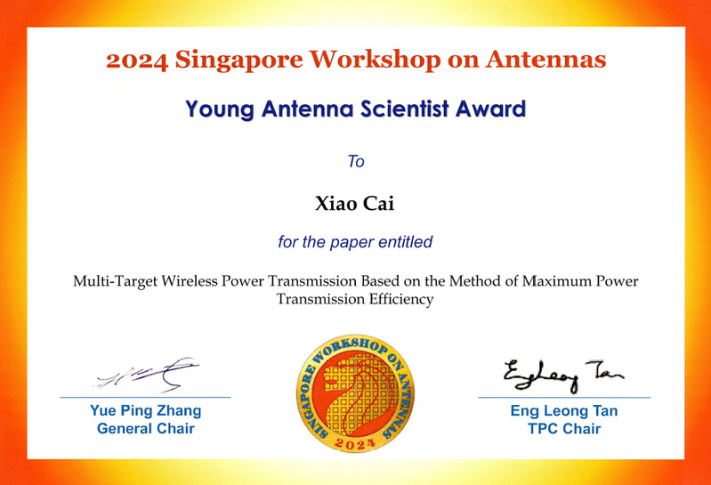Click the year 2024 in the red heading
pyautogui.click(x=137, y=61)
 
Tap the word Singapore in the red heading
pyautogui.click(x=239, y=61)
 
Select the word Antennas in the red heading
pyautogui.click(x=546, y=60)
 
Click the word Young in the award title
pyautogui.click(x=220, y=110)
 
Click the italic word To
pyautogui.click(x=356, y=161)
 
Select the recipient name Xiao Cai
pyautogui.click(x=354, y=204)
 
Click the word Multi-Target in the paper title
pyautogui.click(x=115, y=281)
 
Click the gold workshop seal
pyautogui.click(x=355, y=393)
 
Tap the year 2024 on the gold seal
pyautogui.click(x=355, y=443)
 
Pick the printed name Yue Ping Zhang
pyautogui.click(x=146, y=410)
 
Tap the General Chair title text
pyautogui.click(x=146, y=428)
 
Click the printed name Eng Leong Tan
pyautogui.click(x=564, y=410)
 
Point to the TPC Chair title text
pyautogui.click(x=564, y=428)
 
